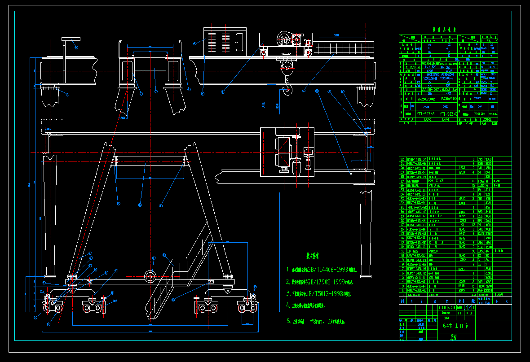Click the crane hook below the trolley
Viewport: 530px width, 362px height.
(x=287, y=90)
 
